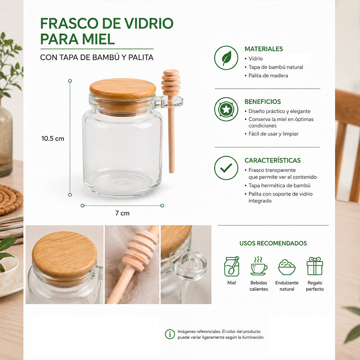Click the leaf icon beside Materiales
pyautogui.click(x=226, y=58)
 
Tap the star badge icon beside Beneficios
pyautogui.click(x=226, y=109)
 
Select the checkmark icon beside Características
pyautogui.click(x=226, y=168)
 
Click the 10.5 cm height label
pyautogui.click(x=53, y=139)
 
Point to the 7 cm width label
pyautogui.click(x=122, y=213)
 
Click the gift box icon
pyautogui.click(x=315, y=266)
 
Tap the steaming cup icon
pyautogui.click(x=259, y=266)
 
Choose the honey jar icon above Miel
pyautogui.click(x=232, y=266)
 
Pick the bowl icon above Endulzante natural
pyautogui.click(x=287, y=267)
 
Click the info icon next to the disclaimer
pyautogui.click(x=170, y=334)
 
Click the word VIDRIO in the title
pyautogui.click(x=149, y=23)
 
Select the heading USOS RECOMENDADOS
pyautogui.click(x=273, y=243)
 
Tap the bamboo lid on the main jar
pyautogui.click(x=122, y=89)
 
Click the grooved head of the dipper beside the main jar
pyautogui.click(x=171, y=82)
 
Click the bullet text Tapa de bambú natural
pyautogui.click(x=276, y=67)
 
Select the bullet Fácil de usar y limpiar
pyautogui.click(x=274, y=134)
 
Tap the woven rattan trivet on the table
pyautogui.click(x=11, y=199)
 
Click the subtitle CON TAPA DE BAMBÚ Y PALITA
pyautogui.click(x=97, y=58)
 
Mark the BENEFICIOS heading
pyautogui.click(x=263, y=102)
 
